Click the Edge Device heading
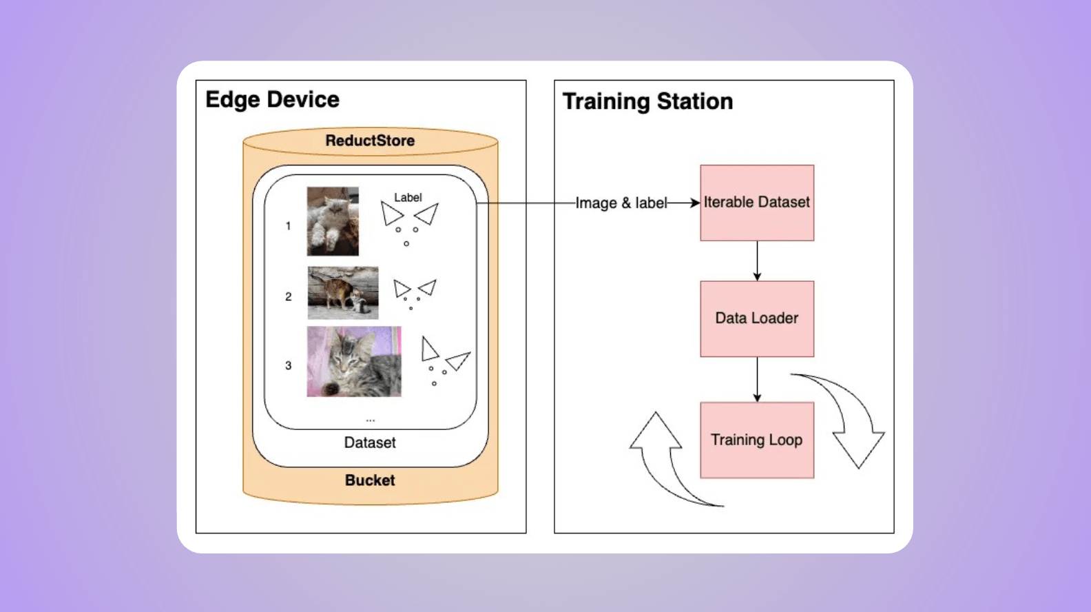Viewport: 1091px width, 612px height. pyautogui.click(x=272, y=100)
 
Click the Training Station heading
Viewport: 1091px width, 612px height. pyautogui.click(x=647, y=101)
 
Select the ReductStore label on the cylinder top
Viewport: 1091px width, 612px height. pyautogui.click(x=370, y=141)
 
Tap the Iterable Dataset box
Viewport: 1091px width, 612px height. pyautogui.click(x=756, y=203)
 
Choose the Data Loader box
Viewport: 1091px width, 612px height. pyautogui.click(x=756, y=318)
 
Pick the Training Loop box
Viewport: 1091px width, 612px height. pyautogui.click(x=756, y=440)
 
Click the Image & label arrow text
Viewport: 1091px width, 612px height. pyautogui.click(x=621, y=203)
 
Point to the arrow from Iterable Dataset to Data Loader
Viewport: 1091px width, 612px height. pyautogui.click(x=757, y=261)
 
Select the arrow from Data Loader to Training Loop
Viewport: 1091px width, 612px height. pyautogui.click(x=757, y=379)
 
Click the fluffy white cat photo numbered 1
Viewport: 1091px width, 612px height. pyautogui.click(x=333, y=221)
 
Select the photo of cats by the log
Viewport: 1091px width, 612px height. pyautogui.click(x=343, y=293)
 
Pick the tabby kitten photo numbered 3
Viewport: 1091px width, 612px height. pyautogui.click(x=354, y=361)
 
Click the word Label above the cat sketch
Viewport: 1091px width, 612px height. pyautogui.click(x=408, y=198)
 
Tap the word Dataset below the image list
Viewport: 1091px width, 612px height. pyautogui.click(x=370, y=442)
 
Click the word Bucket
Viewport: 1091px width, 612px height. pyautogui.click(x=370, y=480)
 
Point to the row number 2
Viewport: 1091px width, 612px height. pyautogui.click(x=289, y=296)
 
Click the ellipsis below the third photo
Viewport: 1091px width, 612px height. pyautogui.click(x=371, y=419)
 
